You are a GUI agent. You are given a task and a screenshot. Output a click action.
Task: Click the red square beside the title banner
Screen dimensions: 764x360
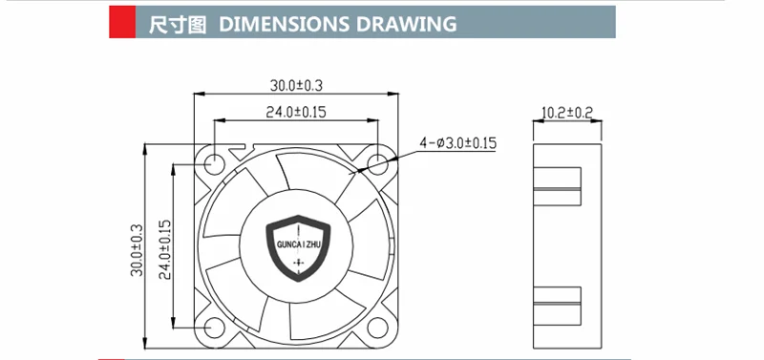pyautogui.click(x=122, y=22)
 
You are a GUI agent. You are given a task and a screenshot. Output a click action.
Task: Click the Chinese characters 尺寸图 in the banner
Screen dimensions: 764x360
pyautogui.click(x=178, y=24)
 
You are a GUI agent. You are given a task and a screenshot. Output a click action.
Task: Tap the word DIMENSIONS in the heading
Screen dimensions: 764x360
pyautogui.click(x=284, y=24)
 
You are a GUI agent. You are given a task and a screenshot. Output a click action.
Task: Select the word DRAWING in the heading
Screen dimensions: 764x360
pyautogui.click(x=407, y=24)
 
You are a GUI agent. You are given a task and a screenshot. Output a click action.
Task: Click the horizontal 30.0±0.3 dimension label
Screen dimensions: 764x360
pyautogui.click(x=296, y=86)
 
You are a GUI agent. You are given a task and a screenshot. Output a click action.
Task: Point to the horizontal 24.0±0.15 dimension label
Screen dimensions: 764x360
pyautogui.click(x=296, y=113)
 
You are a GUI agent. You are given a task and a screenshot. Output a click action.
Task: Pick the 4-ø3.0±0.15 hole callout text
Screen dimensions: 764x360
pyautogui.click(x=458, y=143)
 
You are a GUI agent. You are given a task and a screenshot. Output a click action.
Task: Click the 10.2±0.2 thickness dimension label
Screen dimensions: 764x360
pyautogui.click(x=567, y=113)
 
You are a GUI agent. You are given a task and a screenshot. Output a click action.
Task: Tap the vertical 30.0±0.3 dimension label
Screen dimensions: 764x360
pyautogui.click(x=137, y=250)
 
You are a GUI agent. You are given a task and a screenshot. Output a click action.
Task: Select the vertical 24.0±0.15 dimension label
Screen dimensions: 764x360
pyautogui.click(x=165, y=249)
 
